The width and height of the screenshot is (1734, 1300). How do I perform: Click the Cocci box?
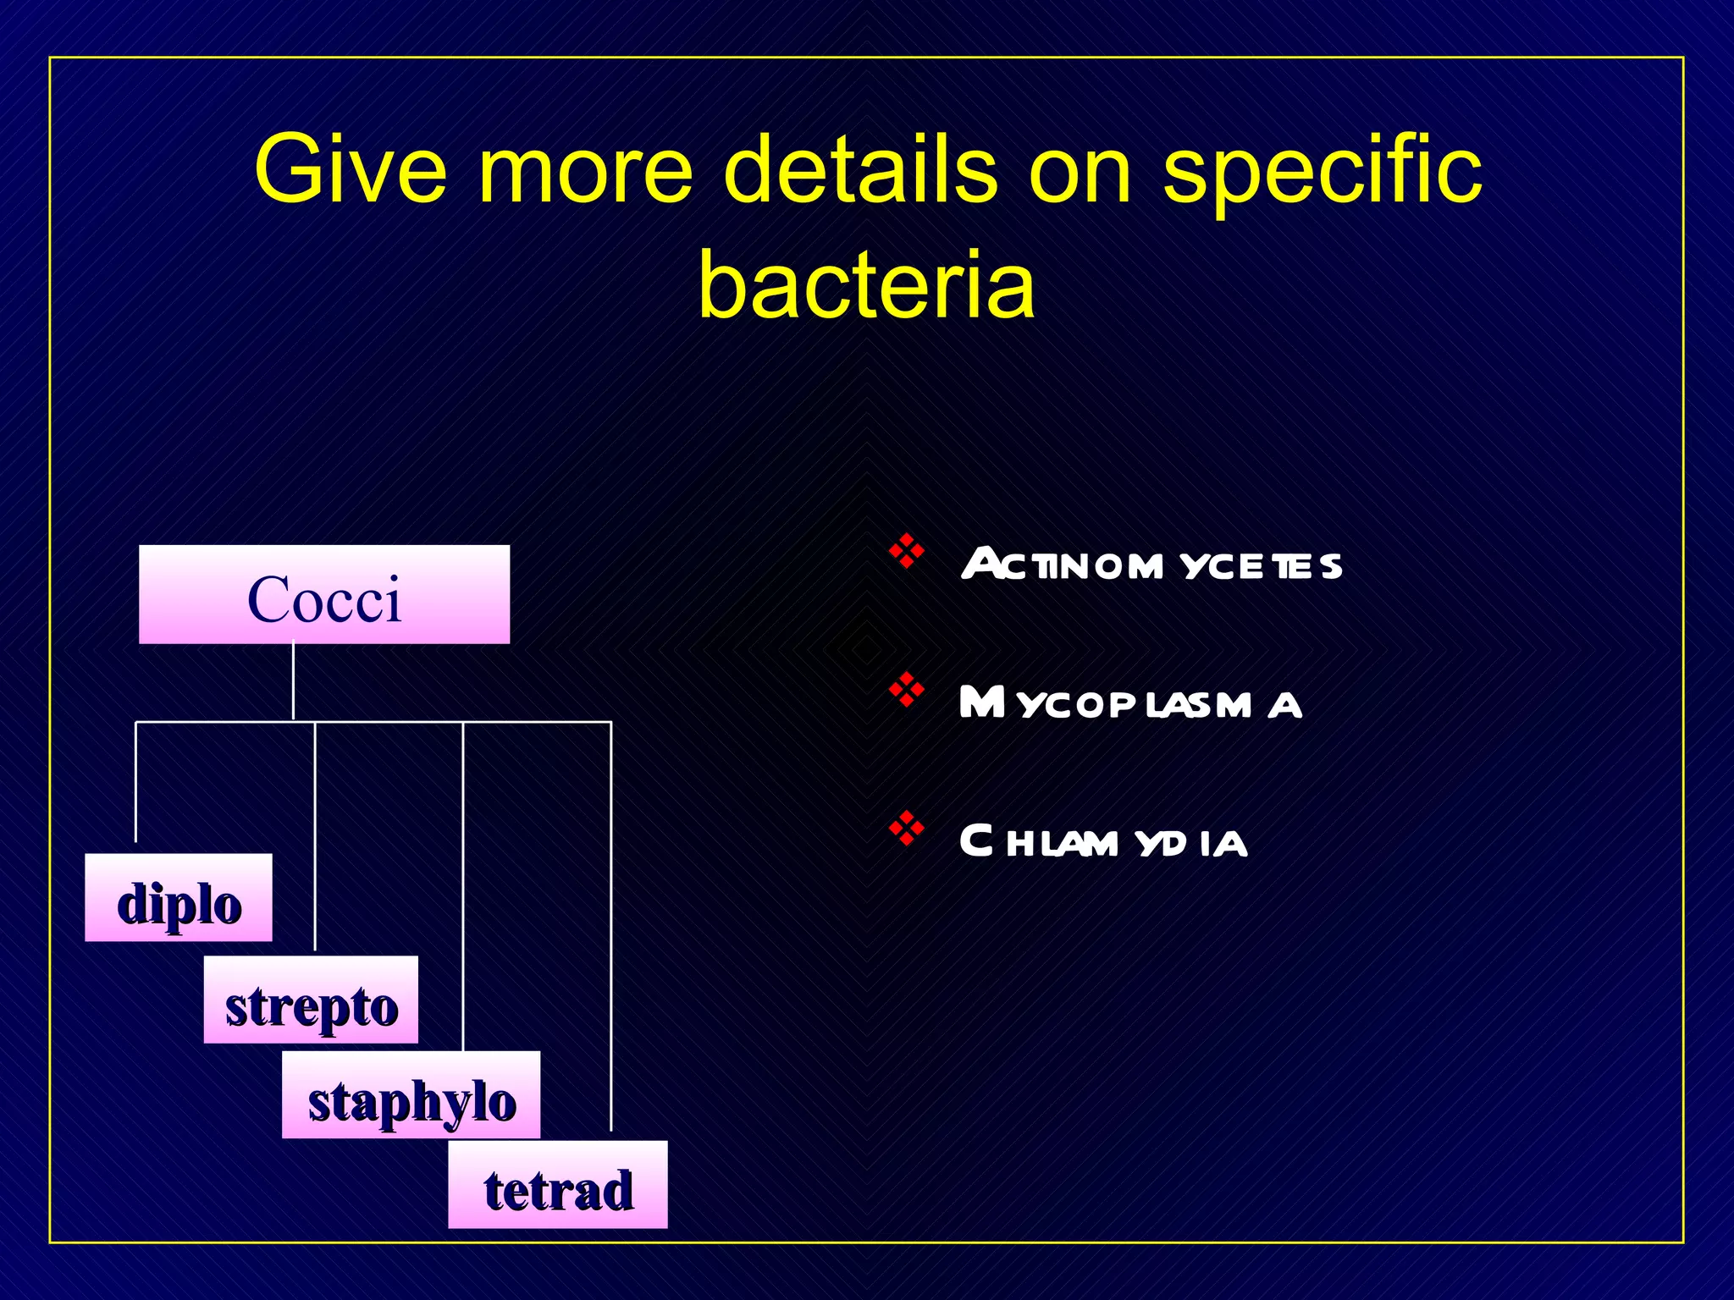click(324, 595)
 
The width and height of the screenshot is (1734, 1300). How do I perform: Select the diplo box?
click(179, 898)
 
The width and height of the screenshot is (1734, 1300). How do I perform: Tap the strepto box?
click(311, 1000)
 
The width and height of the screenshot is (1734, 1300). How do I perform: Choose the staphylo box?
click(411, 1095)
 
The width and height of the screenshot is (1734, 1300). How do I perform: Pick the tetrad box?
click(558, 1185)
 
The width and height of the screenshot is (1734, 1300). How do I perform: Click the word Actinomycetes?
click(1151, 565)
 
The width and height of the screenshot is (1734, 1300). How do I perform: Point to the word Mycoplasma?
click(1130, 703)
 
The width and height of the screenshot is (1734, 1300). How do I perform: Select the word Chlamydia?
click(1103, 842)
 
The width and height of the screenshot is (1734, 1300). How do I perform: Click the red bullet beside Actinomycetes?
click(906, 551)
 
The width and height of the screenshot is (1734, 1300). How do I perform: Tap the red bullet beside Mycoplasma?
click(906, 690)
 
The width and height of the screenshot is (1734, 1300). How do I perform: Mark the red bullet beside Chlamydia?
click(906, 829)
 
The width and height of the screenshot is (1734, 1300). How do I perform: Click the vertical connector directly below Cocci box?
click(293, 681)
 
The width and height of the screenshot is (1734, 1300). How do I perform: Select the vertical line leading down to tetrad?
click(610, 931)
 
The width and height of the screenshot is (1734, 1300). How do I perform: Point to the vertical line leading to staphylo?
click(463, 889)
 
